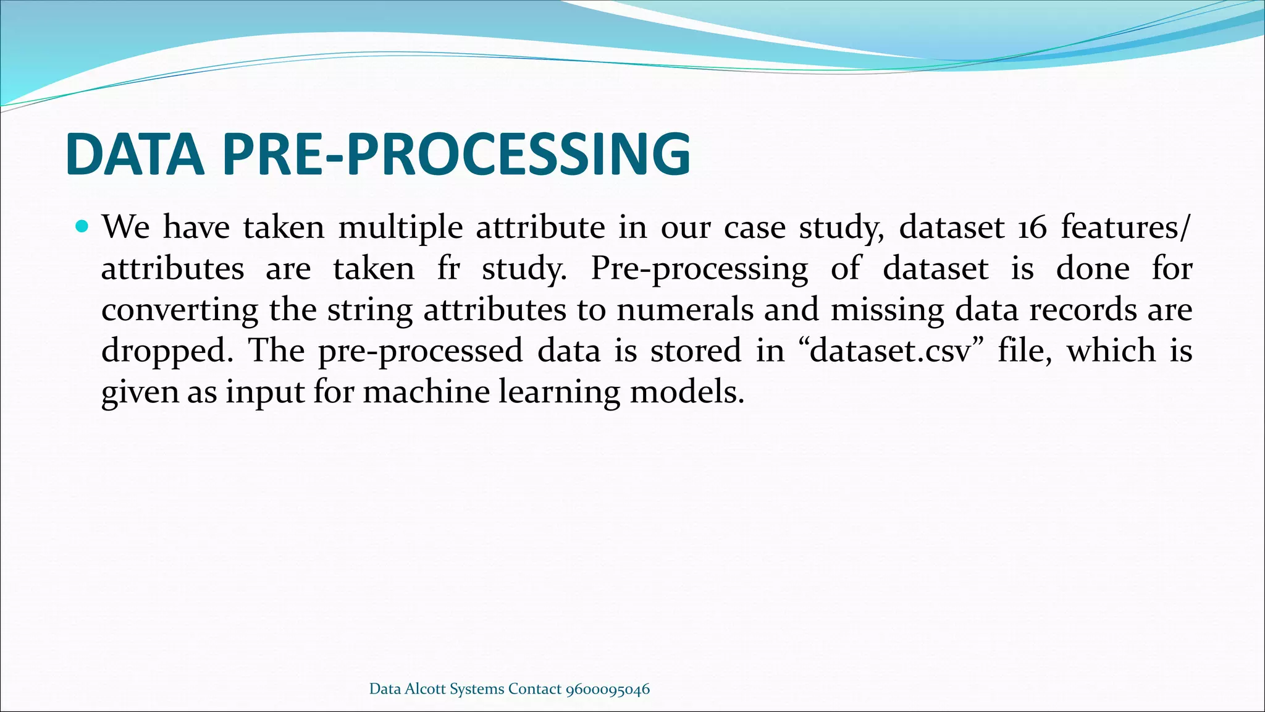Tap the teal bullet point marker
tap(82, 226)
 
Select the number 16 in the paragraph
tap(1032, 227)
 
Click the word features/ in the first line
tap(1124, 227)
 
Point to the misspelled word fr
tap(448, 269)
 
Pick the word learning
tap(559, 392)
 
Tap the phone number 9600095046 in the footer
tap(607, 689)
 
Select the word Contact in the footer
tap(534, 689)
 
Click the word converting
tap(179, 310)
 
